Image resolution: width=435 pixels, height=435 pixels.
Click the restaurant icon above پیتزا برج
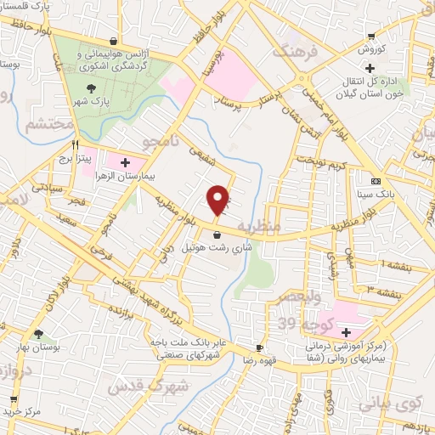coord(76,144)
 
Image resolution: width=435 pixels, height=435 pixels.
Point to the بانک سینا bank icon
coord(376,181)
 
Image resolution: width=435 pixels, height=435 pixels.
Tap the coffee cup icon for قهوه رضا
coord(259,347)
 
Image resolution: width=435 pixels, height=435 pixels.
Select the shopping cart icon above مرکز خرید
coord(13,398)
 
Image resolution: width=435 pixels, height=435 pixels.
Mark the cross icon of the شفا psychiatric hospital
coord(347,331)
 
